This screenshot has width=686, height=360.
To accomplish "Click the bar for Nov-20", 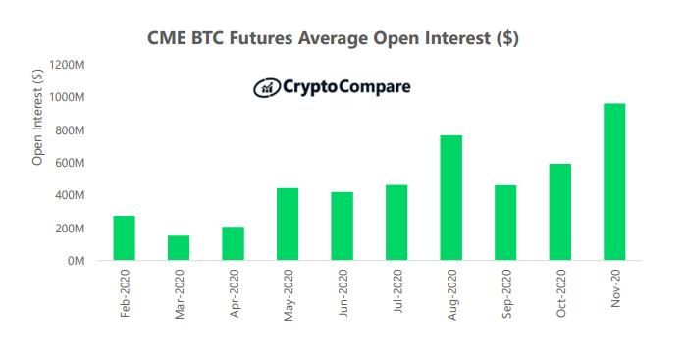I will [x=613, y=181].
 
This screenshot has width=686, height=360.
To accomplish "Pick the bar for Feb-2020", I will [x=125, y=237].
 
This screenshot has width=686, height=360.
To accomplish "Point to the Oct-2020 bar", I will [x=559, y=212].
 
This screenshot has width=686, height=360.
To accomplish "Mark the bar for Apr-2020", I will [x=233, y=243].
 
